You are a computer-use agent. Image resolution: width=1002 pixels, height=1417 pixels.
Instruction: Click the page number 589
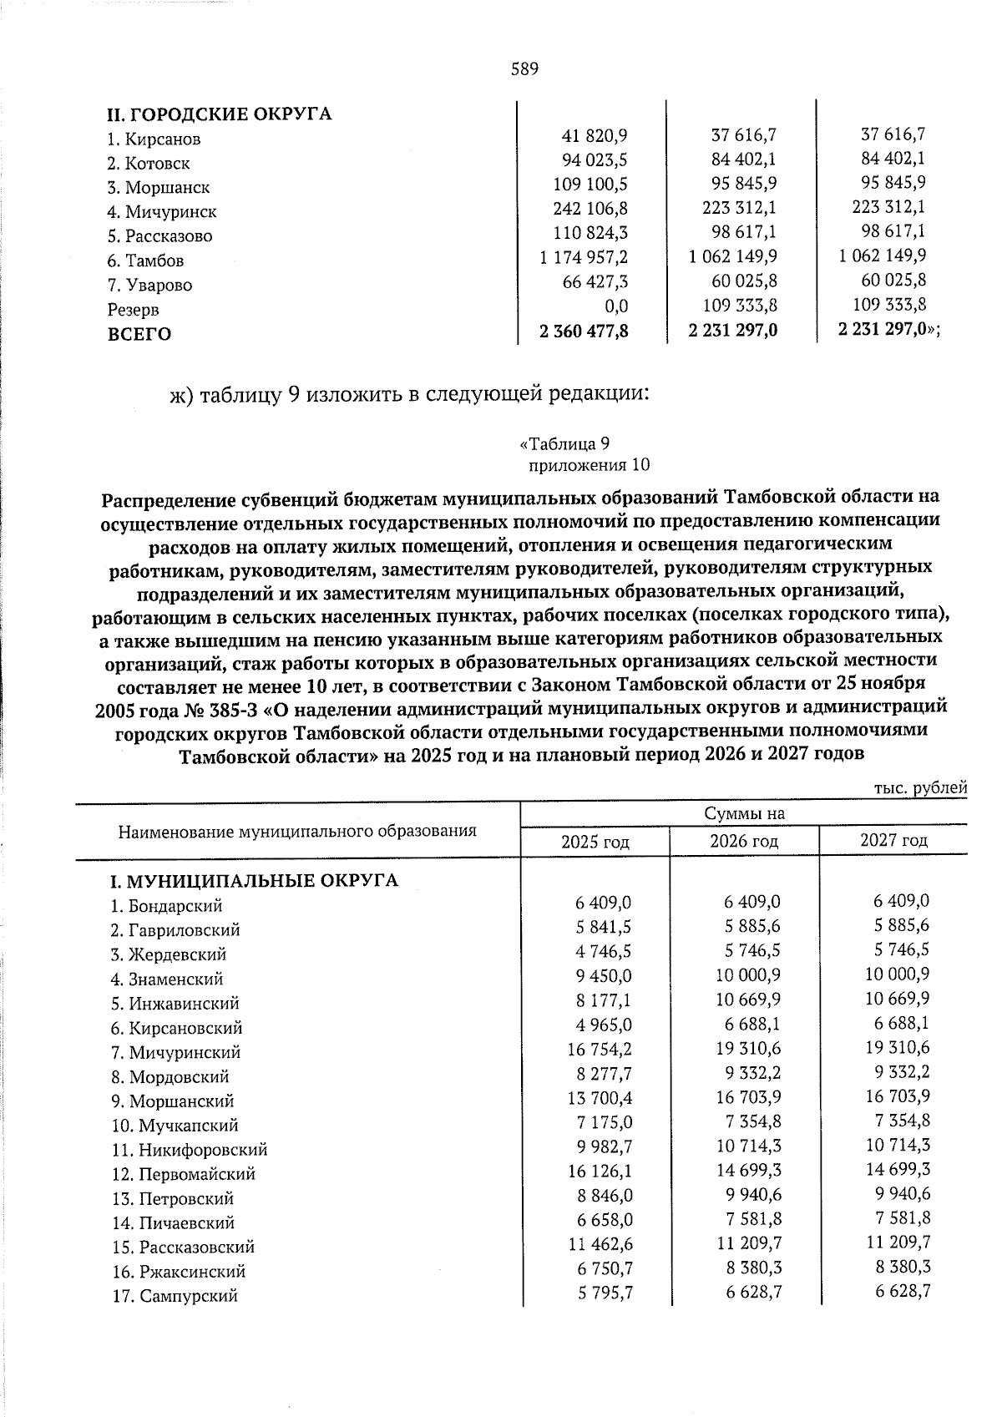(524, 68)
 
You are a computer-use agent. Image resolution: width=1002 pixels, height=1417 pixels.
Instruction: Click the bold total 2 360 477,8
(584, 331)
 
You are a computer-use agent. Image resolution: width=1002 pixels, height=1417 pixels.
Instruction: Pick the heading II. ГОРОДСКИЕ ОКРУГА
(219, 114)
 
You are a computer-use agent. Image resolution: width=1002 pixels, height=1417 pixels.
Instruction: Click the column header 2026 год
(743, 841)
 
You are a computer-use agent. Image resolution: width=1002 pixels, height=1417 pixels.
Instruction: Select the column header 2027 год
(893, 840)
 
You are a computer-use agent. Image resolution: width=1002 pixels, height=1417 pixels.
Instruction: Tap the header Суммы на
(744, 813)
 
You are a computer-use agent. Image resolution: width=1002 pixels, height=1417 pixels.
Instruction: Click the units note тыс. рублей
(919, 787)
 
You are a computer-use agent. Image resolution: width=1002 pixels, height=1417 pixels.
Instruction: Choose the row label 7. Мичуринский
(175, 1053)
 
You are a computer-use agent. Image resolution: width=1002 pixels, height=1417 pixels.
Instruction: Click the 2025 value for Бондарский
(603, 903)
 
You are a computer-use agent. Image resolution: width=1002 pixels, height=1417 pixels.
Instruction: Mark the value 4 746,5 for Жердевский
(603, 951)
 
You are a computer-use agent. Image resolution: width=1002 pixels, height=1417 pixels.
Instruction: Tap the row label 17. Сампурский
(175, 1297)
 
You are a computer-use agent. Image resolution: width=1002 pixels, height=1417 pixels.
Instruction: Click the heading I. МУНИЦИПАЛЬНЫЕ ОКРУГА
(255, 880)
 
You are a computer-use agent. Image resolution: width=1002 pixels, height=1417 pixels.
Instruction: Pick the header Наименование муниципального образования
(297, 831)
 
